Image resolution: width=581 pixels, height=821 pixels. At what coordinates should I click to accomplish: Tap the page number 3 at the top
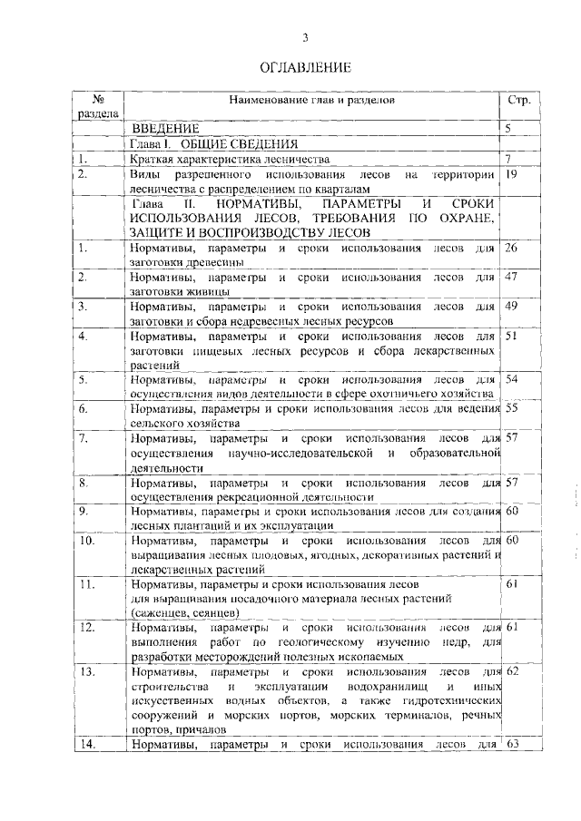(x=305, y=36)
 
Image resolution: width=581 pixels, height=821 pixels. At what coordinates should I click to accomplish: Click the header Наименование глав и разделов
(x=312, y=100)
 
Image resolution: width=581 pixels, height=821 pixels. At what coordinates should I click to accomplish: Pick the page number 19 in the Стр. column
(x=512, y=172)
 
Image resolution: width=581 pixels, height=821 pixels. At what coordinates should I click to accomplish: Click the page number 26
(x=511, y=247)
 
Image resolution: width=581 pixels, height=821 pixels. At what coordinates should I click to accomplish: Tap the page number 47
(x=511, y=276)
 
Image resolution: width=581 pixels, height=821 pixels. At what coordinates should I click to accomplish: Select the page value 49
(x=511, y=306)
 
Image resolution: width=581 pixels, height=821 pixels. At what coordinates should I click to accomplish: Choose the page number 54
(x=511, y=378)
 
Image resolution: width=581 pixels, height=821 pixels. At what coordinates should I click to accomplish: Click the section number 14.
(x=86, y=746)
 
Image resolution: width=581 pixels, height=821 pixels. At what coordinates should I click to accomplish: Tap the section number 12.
(x=86, y=627)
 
